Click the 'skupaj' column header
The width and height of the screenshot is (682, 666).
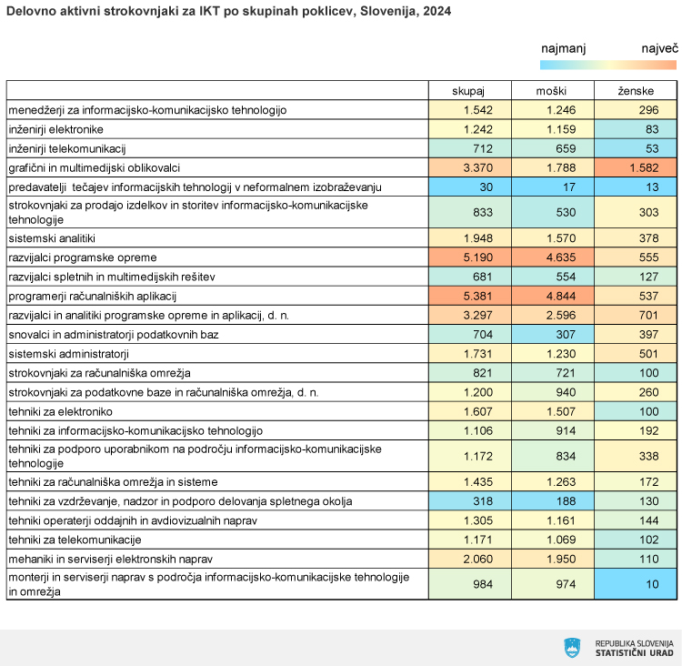[x=468, y=91]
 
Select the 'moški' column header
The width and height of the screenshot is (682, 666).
[x=551, y=91]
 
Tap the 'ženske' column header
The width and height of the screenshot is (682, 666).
[x=636, y=91]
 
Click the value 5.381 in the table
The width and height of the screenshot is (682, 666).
[x=478, y=296]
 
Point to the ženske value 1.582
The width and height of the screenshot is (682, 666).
[x=644, y=167]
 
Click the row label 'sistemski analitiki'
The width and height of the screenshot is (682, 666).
[x=52, y=238]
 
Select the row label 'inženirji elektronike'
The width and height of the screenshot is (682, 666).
[x=56, y=129]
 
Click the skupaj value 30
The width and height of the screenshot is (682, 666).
[x=486, y=187]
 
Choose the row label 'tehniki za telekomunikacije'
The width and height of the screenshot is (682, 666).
[x=75, y=540]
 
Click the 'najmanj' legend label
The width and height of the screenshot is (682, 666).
[x=563, y=48]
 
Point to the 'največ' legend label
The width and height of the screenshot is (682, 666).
[x=660, y=48]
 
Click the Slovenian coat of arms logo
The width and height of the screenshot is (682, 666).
[x=572, y=648]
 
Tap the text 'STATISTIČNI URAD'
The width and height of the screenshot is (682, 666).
[x=634, y=653]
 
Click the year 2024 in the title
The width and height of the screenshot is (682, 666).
[x=437, y=11]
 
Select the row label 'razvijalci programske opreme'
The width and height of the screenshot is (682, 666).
[x=83, y=257]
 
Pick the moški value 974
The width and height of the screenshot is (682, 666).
[x=566, y=584]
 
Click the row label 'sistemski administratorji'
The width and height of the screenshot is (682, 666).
[x=69, y=353]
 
